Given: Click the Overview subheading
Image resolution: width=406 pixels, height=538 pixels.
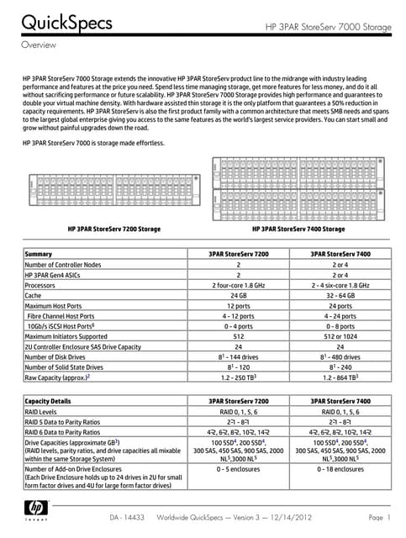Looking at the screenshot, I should (39, 44).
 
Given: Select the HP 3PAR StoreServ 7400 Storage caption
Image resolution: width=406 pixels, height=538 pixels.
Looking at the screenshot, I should (298, 229).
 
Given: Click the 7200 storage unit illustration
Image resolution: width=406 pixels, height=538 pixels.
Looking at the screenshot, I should (108, 183).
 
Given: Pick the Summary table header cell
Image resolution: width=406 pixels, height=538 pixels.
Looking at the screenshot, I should (40, 253).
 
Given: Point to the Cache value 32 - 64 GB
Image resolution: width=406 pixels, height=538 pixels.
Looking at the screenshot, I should (340, 295).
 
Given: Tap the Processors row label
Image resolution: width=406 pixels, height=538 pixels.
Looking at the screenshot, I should (42, 285).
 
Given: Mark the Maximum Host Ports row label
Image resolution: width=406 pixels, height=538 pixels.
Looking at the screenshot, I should (59, 305).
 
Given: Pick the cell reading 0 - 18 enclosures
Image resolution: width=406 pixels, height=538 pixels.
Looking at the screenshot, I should (340, 469).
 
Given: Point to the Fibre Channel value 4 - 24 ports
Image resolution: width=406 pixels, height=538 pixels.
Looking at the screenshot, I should (340, 315).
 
